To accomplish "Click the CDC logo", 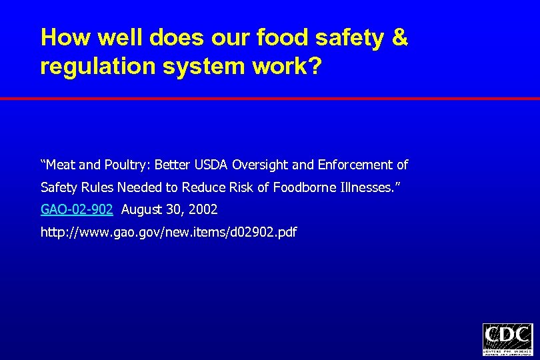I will pos(507,339).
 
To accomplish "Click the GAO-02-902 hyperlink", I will pos(77,210).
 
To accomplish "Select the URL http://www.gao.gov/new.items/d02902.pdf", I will pos(169,233).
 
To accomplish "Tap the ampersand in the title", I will pos(399,37).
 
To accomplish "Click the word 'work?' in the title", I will pos(289,67).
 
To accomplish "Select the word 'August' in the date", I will pos(142,210).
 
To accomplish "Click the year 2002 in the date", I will pos(203,210).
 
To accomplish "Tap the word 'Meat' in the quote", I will pos(62,165).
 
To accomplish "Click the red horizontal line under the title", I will pos(270,98).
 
